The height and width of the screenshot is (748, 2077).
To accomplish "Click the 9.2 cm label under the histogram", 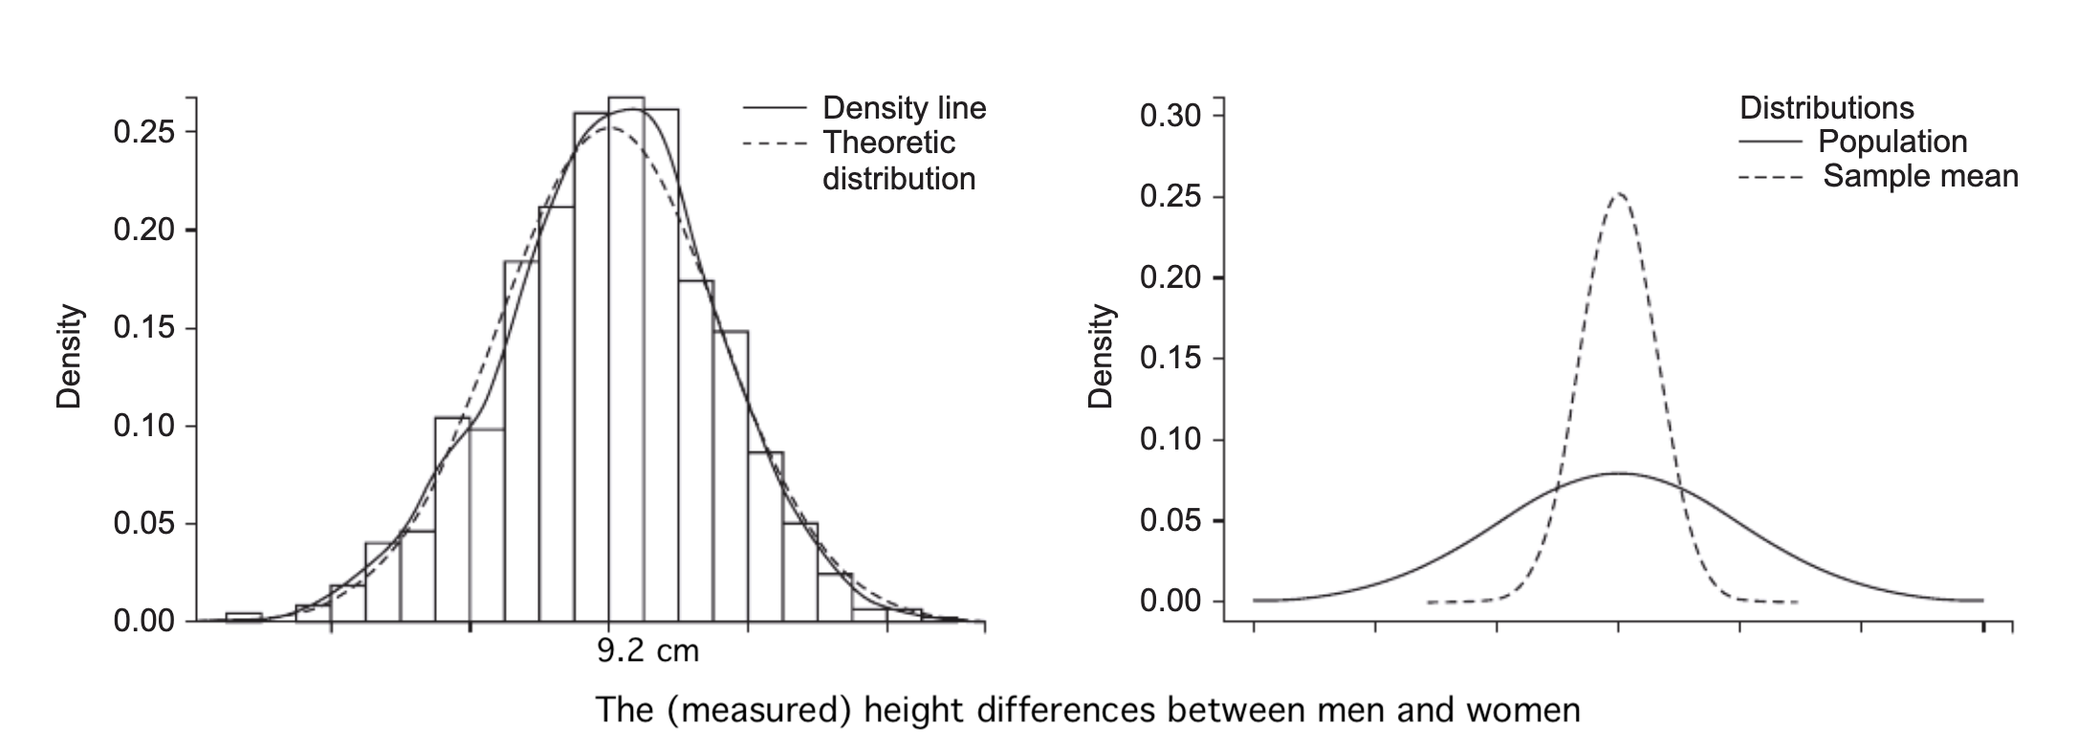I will click(x=647, y=651).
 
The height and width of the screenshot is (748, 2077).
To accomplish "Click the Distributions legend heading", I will click(x=1826, y=108).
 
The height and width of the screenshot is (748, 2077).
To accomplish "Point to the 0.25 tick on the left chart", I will click(x=144, y=132).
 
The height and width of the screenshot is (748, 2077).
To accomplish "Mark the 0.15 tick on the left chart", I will click(x=144, y=329).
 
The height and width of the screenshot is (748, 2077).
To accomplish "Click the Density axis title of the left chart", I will click(x=69, y=357).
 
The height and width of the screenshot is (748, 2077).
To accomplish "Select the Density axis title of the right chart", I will click(x=1102, y=357).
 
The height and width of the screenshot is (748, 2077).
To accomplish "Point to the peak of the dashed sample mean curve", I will click(x=1619, y=194).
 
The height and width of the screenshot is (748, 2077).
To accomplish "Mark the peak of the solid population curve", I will click(x=1619, y=473).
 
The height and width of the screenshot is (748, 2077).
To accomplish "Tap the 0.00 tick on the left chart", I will click(x=144, y=622).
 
